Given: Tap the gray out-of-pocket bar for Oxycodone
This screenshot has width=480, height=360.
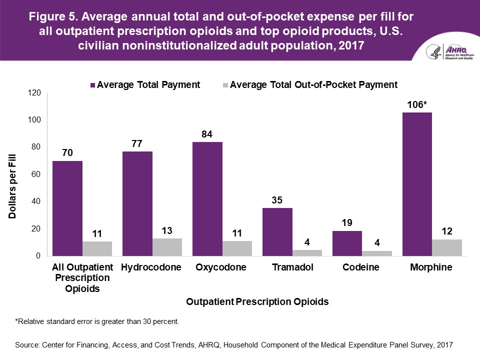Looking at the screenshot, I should [237, 248].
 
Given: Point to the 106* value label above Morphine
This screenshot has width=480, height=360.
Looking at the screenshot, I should [417, 104].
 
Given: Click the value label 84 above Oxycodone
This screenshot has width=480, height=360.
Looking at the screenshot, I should [207, 133].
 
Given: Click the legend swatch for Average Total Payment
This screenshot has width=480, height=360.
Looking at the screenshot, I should [92, 85].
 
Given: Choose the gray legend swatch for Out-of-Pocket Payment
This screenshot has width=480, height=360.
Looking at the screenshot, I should [225, 85].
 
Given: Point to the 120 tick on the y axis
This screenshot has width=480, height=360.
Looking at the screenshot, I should [34, 93].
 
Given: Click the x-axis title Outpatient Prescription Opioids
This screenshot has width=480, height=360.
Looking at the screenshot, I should [257, 301].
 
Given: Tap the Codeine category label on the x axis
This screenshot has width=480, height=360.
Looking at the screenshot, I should [361, 267].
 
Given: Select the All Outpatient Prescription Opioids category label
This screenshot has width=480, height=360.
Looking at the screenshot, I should [83, 277].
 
